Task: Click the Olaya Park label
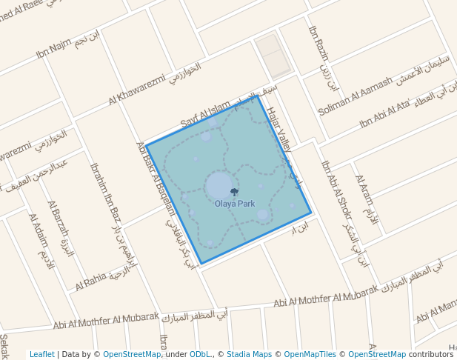pyautogui.click(x=234, y=203)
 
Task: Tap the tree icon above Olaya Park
pyautogui.click(x=235, y=193)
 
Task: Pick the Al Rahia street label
pyautogui.click(x=90, y=280)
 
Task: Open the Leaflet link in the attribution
pyautogui.click(x=41, y=354)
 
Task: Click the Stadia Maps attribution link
pyautogui.click(x=247, y=354)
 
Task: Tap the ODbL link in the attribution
pyautogui.click(x=201, y=354)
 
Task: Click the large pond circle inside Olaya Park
pyautogui.click(x=219, y=186)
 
